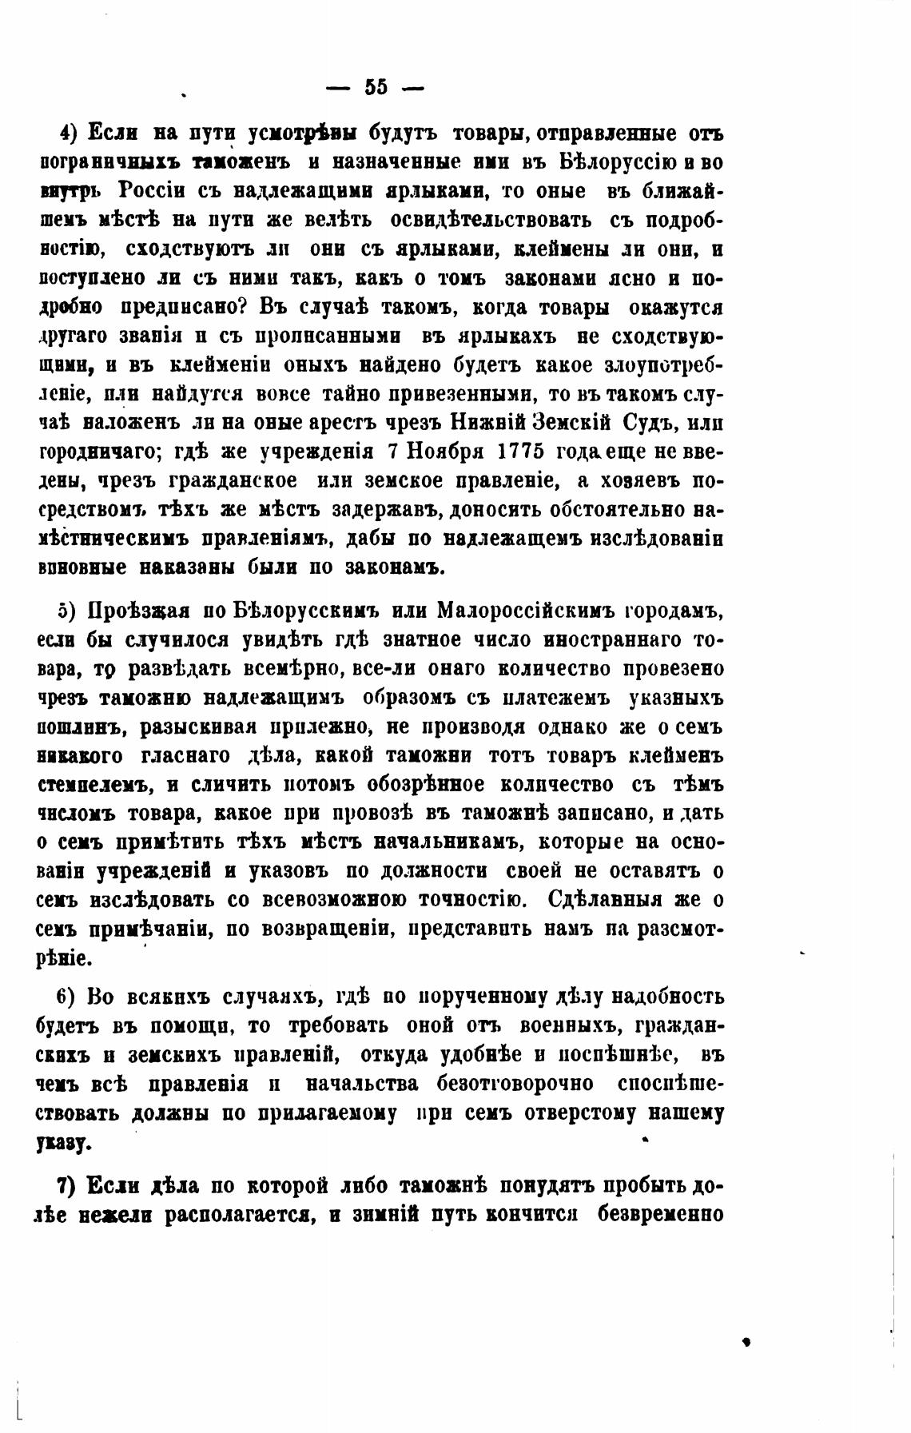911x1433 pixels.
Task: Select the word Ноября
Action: pos(444,451)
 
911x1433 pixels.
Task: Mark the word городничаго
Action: pos(101,452)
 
